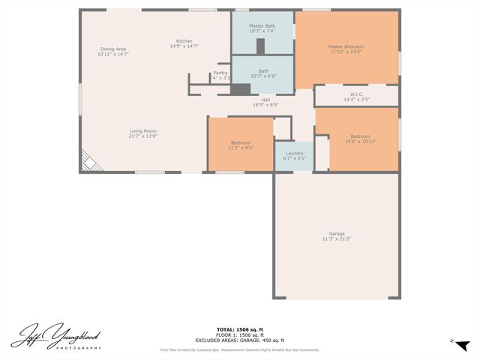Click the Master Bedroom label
pos(346,46)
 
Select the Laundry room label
pos(295,153)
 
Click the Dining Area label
pos(113,49)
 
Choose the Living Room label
pos(142,131)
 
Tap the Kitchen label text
pos(184,40)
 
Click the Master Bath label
pos(262,26)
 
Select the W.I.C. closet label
pos(357,94)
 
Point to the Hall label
pos(265,100)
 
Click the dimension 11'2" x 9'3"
pos(241,148)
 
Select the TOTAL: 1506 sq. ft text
pos(240,329)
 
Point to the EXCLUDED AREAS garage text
pos(240,340)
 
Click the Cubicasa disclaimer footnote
pos(240,350)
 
